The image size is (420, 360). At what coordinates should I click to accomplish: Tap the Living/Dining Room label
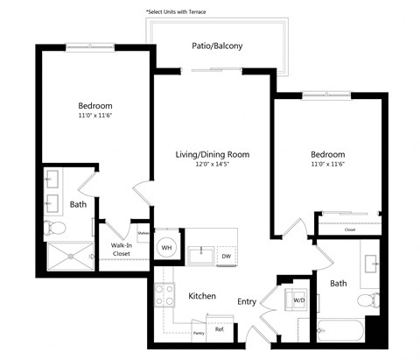(213, 154)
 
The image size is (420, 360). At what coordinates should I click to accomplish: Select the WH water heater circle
(165, 248)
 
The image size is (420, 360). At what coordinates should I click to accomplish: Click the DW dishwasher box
(226, 255)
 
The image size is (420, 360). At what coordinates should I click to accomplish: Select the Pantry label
(199, 333)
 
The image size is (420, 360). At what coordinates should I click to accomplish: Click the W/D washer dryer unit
(299, 300)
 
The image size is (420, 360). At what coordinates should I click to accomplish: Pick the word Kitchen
(202, 296)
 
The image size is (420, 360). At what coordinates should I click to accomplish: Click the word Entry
(247, 301)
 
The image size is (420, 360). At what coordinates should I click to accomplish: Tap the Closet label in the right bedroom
(350, 230)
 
